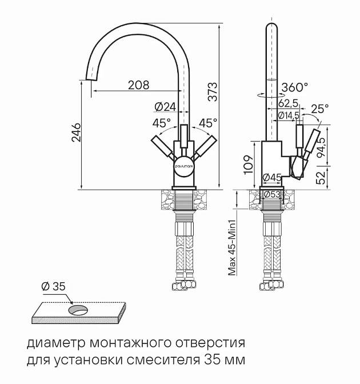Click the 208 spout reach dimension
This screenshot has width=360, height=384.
138,85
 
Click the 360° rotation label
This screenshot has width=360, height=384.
295,87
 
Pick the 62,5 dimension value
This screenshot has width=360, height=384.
288,103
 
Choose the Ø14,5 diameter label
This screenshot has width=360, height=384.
289,115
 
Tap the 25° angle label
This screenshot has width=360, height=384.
320,108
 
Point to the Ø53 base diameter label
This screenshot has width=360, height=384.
271,194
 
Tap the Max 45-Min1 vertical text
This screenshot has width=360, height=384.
233,244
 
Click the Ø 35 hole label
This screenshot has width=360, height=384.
54,287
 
